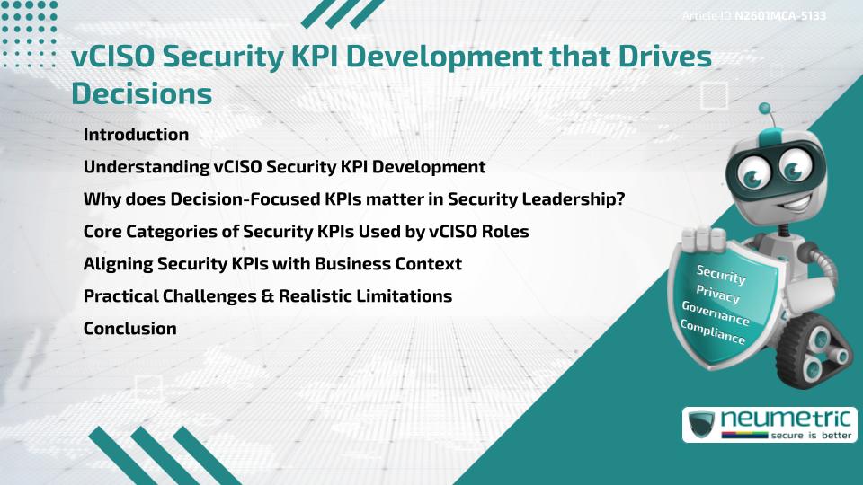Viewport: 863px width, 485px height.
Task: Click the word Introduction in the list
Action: [x=136, y=135]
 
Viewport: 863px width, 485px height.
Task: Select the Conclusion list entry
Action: [x=129, y=329]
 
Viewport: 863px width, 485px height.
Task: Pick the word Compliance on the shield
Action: [x=713, y=332]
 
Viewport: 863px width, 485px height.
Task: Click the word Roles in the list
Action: [x=504, y=232]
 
